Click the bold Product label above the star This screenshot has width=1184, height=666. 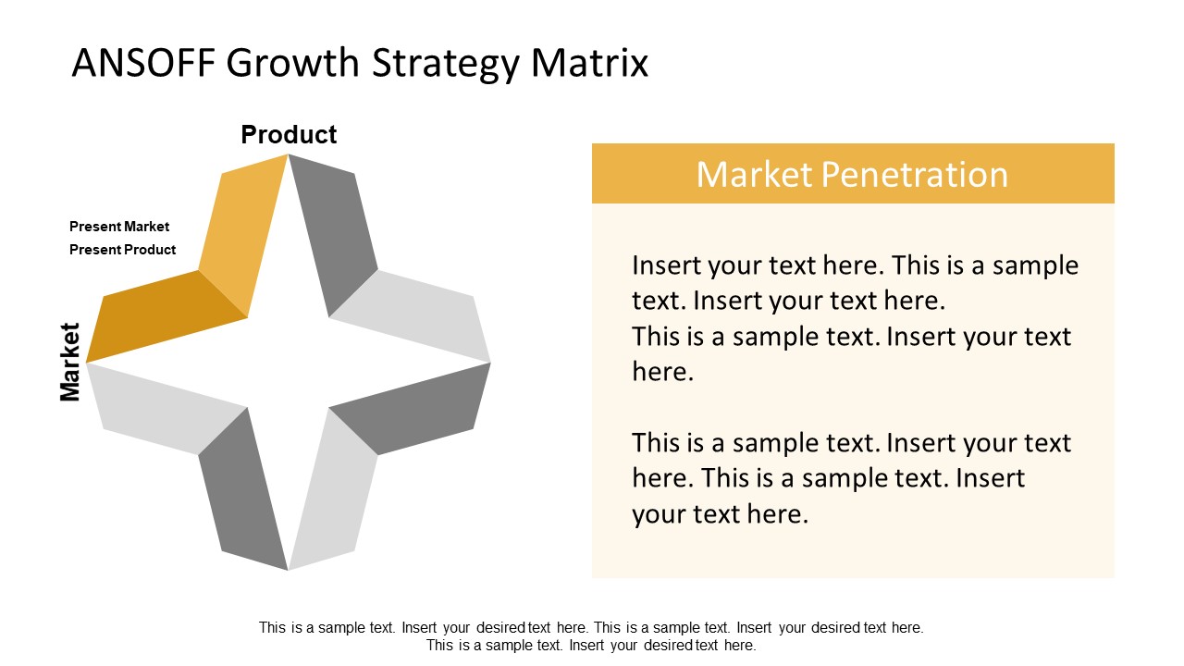pos(289,135)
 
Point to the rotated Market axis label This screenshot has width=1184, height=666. pos(70,362)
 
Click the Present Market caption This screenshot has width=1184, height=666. pos(119,227)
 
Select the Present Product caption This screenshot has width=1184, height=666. pos(122,250)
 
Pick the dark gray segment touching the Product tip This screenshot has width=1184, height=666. pos(333,231)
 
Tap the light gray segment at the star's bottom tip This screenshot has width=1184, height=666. pos(333,490)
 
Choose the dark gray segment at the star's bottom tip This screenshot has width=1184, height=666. pos(242,490)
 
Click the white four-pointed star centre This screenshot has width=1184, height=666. pos(288,362)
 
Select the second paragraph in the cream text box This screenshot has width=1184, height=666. pos(851,478)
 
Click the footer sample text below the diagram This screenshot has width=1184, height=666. pos(591,636)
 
